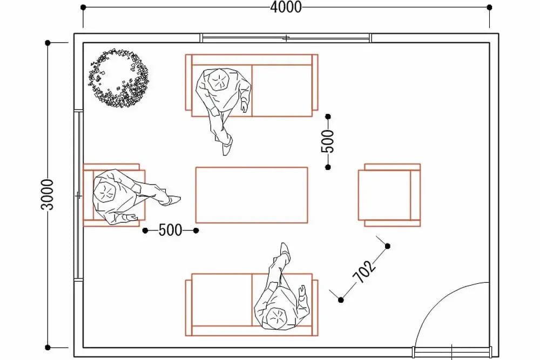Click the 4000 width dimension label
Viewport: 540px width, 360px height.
(x=286, y=7)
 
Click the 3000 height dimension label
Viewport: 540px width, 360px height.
(x=48, y=194)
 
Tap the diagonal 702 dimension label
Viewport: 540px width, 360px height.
(x=364, y=271)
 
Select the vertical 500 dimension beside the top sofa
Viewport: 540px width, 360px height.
(x=328, y=141)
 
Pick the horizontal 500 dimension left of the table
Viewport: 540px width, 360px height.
(x=170, y=230)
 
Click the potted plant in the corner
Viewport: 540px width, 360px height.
(x=119, y=78)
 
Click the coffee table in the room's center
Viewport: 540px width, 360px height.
(x=252, y=195)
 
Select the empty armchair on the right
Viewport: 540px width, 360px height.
(x=389, y=195)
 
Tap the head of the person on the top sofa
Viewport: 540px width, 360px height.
(x=219, y=80)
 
